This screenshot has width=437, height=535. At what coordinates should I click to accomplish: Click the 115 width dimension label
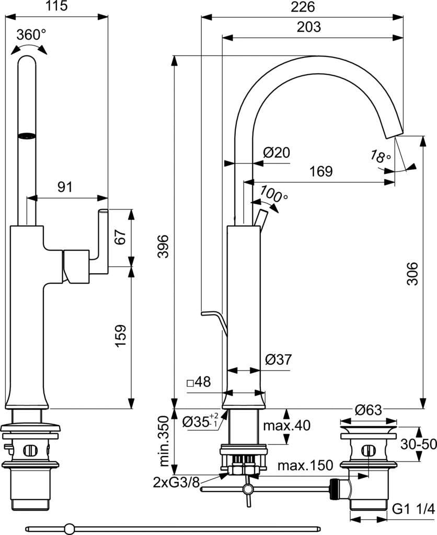58,7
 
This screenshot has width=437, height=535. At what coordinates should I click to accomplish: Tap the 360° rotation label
31,35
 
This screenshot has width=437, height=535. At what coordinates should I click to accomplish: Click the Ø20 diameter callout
277,153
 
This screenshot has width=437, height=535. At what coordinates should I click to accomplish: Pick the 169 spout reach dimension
320,171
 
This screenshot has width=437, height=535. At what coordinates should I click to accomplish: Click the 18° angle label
381,156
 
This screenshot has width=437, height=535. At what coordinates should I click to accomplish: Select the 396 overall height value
163,244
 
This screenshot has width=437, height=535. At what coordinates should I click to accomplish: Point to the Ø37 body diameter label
278,359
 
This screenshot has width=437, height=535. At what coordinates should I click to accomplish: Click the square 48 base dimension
199,382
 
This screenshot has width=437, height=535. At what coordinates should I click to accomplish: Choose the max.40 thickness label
286,425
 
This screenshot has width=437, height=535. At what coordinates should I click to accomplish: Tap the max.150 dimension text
305,466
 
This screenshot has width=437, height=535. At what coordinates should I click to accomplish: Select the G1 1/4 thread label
413,509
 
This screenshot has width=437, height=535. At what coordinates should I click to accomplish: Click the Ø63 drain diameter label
369,410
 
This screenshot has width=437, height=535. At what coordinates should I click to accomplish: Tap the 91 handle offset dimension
65,187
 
